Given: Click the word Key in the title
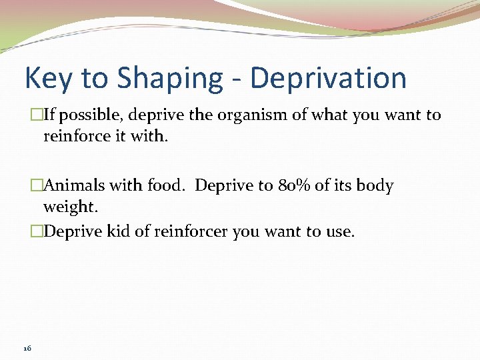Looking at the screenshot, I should click(49, 78).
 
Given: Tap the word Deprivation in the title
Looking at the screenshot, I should click(328, 78).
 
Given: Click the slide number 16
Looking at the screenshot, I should click(27, 348).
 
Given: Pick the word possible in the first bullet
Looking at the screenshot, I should click(92, 115).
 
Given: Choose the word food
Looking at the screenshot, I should click(167, 185).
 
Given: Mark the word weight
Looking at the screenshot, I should click(70, 207).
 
